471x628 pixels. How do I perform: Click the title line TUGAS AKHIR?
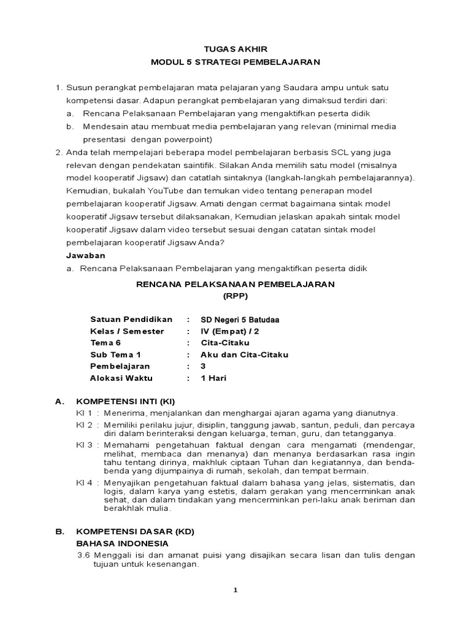[x=235, y=48]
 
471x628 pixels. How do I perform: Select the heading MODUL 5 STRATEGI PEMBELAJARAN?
[x=235, y=62]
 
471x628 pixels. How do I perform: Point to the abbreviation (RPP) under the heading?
[x=235, y=296]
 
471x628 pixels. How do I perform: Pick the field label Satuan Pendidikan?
[x=131, y=320]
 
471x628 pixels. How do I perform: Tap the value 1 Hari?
[x=214, y=378]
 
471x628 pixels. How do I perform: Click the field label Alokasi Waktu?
[x=121, y=378]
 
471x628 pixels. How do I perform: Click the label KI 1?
[x=84, y=413]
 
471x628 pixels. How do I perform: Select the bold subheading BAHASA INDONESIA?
[x=122, y=543]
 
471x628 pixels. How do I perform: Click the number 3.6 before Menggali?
[x=83, y=555]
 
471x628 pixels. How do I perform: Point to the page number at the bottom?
[x=235, y=590]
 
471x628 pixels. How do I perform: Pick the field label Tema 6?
[x=105, y=343]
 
